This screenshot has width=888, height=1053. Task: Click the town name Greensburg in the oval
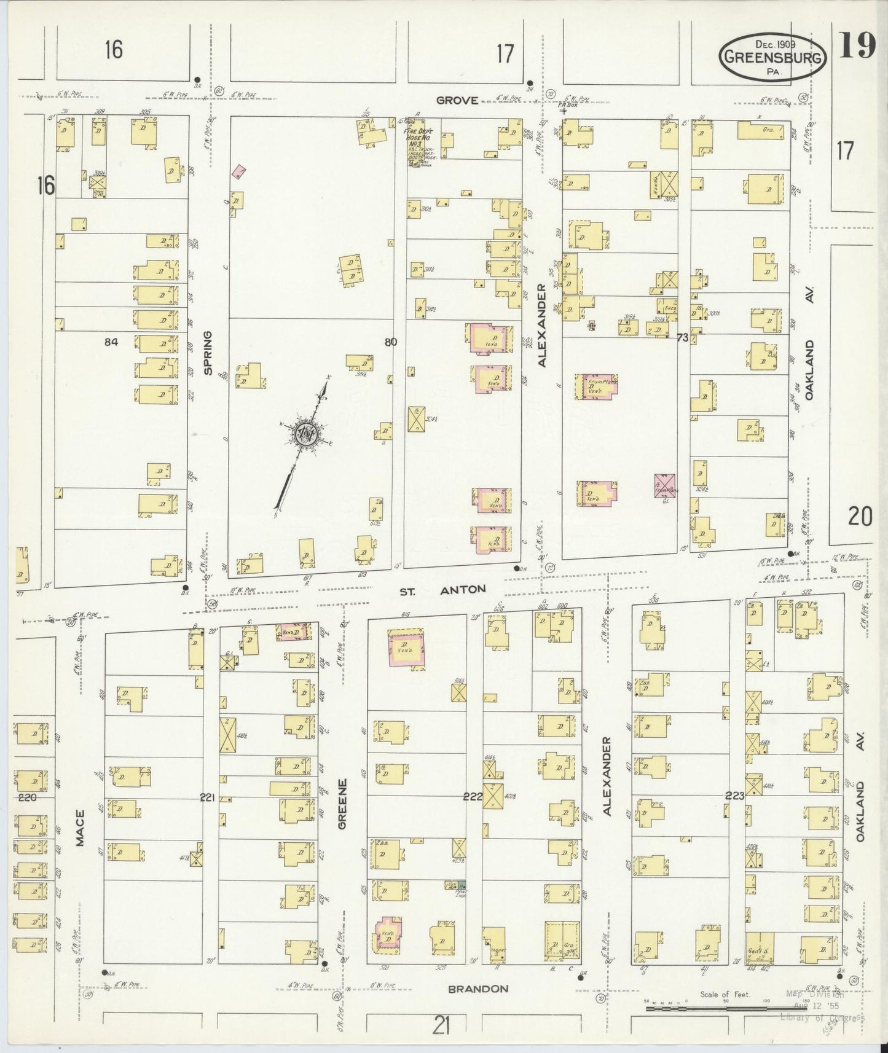pyautogui.click(x=773, y=57)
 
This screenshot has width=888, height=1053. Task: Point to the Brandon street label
pyautogui.click(x=478, y=988)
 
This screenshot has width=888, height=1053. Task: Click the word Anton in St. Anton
pyautogui.click(x=463, y=589)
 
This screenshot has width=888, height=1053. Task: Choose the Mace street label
pyautogui.click(x=81, y=828)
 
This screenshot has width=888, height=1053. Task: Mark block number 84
pyautogui.click(x=111, y=342)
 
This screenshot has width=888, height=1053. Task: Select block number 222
pyautogui.click(x=473, y=796)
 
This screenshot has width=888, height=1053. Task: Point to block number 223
pyautogui.click(x=734, y=796)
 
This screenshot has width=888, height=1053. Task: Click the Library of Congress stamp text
pyautogui.click(x=821, y=1018)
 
